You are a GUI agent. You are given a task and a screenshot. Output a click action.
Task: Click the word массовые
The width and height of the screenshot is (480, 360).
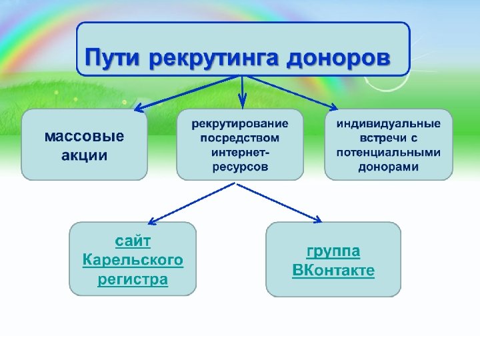(x=84, y=137)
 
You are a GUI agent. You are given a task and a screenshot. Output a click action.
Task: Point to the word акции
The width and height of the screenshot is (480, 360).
(x=84, y=155)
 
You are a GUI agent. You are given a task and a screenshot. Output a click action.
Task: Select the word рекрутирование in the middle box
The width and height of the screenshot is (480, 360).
(x=240, y=124)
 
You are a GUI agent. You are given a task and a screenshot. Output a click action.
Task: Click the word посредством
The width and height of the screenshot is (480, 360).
(x=240, y=139)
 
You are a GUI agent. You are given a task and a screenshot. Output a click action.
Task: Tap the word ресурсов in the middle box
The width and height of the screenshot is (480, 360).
(x=240, y=167)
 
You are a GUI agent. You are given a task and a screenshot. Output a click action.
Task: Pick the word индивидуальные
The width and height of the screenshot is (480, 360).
(x=388, y=124)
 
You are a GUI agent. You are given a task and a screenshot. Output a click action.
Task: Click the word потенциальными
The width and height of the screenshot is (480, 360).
(x=388, y=153)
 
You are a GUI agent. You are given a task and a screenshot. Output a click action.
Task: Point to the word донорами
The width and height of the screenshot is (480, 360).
(x=388, y=167)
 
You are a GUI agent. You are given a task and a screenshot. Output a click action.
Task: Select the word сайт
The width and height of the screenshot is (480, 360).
(x=133, y=239)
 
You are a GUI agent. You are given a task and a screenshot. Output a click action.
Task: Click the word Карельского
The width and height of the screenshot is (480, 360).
(x=133, y=259)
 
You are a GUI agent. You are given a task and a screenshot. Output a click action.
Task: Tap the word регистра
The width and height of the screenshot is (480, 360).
(x=133, y=279)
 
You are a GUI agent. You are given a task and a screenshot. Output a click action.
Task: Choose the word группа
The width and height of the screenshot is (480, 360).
(x=333, y=251)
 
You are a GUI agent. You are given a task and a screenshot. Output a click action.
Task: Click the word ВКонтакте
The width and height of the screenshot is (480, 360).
(x=333, y=271)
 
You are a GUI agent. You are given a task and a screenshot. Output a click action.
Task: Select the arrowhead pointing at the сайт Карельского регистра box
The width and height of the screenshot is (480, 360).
(x=153, y=221)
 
